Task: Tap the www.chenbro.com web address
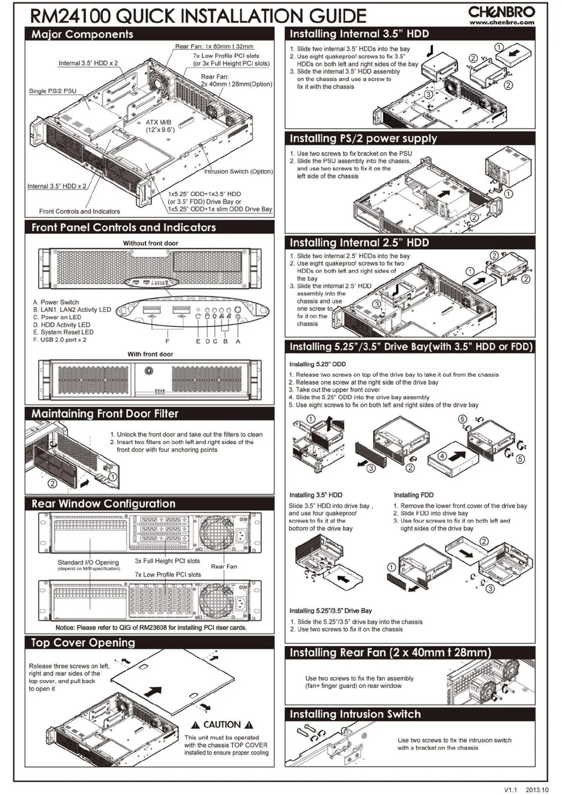(501, 22)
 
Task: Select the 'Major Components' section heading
(82, 34)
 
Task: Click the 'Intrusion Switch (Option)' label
(238, 171)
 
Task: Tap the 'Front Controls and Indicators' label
(79, 211)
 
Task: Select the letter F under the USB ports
(168, 341)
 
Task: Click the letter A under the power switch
(238, 341)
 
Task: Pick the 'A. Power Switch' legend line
(56, 302)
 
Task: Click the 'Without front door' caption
(150, 243)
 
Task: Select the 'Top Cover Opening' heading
(83, 643)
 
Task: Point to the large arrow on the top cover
(153, 691)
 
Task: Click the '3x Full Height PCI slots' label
(167, 561)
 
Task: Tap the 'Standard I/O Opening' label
(88, 562)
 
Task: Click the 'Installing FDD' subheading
(413, 495)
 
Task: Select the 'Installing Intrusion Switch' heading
(355, 714)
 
